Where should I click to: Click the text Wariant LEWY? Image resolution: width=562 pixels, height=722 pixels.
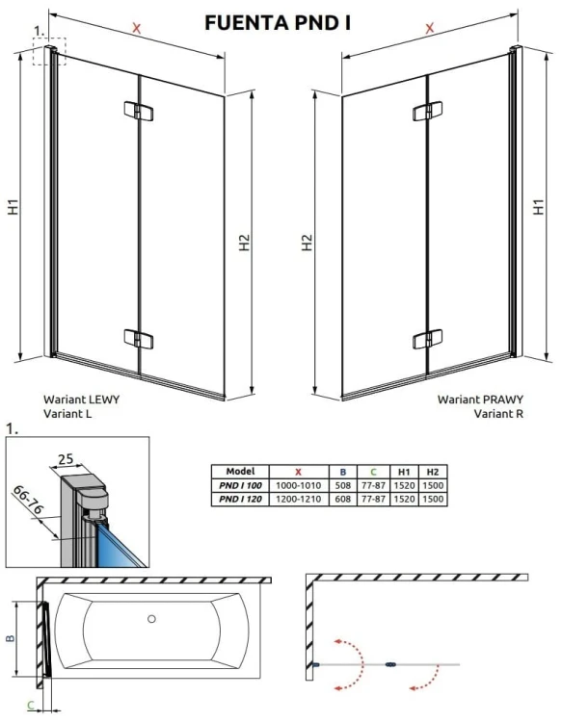point(82,399)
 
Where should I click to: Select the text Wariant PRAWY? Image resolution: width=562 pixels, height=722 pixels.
point(473,399)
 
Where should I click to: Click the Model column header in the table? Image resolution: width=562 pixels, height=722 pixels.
point(239,472)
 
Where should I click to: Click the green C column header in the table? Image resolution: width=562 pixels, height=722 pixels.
point(372,472)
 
